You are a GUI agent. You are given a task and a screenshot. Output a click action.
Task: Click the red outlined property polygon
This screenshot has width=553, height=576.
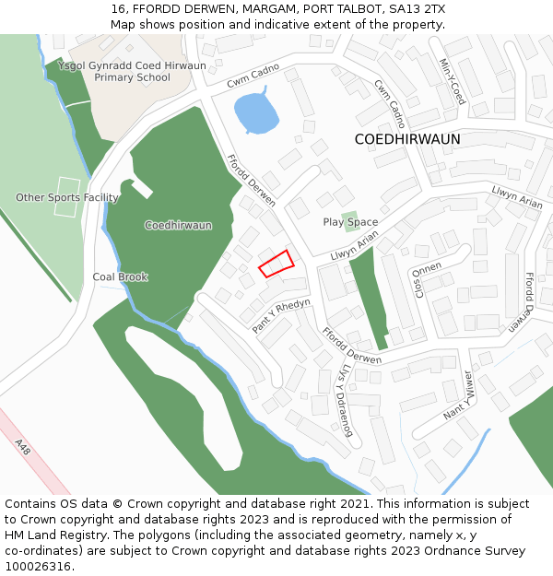(276, 264)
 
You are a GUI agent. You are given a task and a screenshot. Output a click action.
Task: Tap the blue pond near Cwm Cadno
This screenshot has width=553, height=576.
(255, 113)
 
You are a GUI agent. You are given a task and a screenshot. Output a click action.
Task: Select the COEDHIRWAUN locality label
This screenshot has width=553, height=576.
(407, 139)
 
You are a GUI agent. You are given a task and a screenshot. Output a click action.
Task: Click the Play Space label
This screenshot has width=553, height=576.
(350, 222)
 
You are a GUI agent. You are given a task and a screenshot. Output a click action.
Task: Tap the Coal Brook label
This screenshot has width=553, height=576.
(120, 276)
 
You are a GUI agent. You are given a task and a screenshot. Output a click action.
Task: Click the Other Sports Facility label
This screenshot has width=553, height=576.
(66, 197)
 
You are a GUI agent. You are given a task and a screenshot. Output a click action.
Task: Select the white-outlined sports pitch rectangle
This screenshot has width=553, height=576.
(66, 197)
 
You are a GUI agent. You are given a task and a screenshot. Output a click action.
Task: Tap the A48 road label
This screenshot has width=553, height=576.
(23, 445)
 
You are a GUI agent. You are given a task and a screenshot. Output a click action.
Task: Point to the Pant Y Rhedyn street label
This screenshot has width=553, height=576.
(281, 316)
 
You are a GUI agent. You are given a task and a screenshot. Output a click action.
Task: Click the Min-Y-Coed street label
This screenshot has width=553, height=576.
(453, 81)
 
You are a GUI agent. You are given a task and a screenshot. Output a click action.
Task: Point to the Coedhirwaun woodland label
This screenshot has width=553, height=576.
(178, 225)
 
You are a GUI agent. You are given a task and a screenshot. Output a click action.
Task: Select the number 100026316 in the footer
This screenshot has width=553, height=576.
(38, 566)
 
